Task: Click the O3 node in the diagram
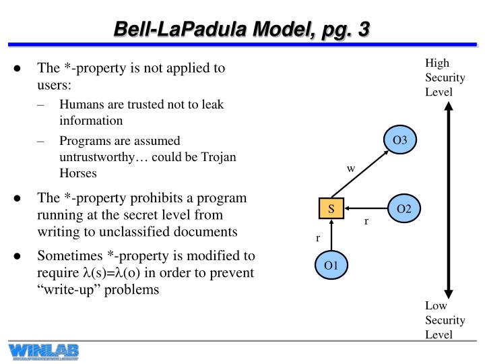[400, 141]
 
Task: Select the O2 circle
[404, 209]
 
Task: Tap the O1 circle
[331, 265]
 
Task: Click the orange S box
[331, 209]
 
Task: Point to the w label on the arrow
[350, 169]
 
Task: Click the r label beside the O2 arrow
[366, 221]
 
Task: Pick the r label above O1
[318, 238]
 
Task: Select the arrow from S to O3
[362, 175]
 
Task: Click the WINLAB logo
[44, 351]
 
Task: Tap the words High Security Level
[445, 78]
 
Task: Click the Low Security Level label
[445, 320]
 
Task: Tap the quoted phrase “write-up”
[65, 290]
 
